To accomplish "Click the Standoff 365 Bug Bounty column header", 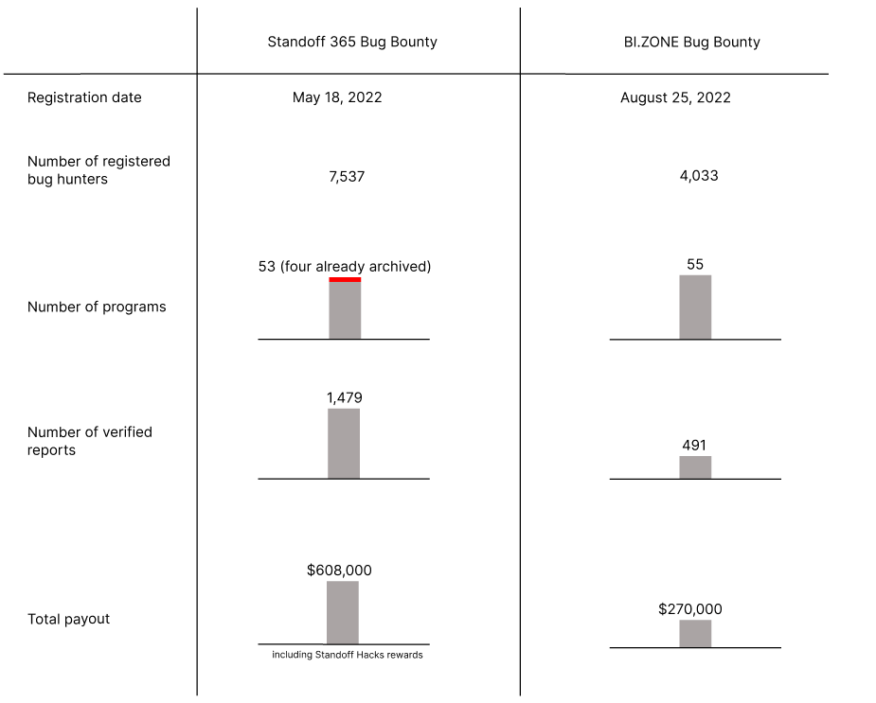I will coord(352,42).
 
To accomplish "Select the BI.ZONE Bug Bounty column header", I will coord(686,42).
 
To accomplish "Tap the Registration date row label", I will coord(84,97).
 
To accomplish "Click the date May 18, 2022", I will coord(337,97).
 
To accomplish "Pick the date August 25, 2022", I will coord(675,97).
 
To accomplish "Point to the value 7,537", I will coord(347,176).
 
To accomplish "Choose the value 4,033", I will coord(699,176).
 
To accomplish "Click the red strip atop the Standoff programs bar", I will coord(345,279).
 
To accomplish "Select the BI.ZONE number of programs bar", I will coord(695,307).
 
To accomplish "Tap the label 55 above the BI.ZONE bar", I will coord(695,265).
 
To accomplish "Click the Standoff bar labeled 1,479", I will coord(344,444).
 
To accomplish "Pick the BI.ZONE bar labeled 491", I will coord(695,467).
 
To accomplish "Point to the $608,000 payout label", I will coord(339,571).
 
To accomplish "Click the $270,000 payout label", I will coord(690,609).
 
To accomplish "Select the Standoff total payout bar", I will coord(343,612).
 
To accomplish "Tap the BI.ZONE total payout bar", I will coord(695,633).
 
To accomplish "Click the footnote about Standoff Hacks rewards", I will coord(348,655).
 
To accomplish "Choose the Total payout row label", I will coord(68,619).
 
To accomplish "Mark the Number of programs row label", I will coord(97,307).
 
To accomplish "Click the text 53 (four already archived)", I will coord(345,267).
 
